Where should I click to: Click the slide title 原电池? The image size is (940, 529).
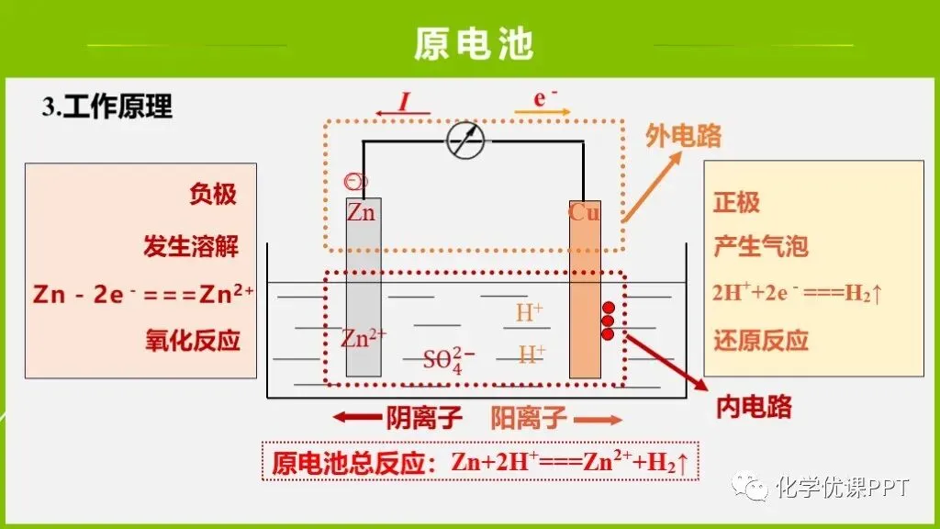coord(474,44)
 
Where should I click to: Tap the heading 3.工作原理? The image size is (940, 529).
coord(107,107)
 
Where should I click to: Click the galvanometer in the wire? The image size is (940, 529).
coord(465,141)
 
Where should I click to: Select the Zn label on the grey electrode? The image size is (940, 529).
coord(361,212)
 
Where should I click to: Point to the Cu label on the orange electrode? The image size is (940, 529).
coord(584,212)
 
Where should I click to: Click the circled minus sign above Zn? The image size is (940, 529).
coord(355,181)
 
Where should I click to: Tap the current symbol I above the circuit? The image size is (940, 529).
coord(405,101)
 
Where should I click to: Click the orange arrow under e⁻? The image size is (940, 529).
coord(543,111)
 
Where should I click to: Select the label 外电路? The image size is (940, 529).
coord(683,136)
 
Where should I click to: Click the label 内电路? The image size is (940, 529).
coord(755,407)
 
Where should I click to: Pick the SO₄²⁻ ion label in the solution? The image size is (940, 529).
coord(449,360)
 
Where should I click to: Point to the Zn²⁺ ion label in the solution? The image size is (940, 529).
coord(364,338)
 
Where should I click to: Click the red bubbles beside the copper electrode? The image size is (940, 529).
coord(608,321)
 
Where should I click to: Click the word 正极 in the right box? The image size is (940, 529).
coord(737,202)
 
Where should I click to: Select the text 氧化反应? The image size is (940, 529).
coord(193,340)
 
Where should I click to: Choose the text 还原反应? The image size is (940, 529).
coord(761,340)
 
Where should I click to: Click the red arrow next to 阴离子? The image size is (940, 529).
coord(357,418)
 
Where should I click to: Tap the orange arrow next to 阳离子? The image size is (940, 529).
coord(598,420)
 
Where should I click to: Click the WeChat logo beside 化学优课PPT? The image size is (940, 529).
coord(749,487)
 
